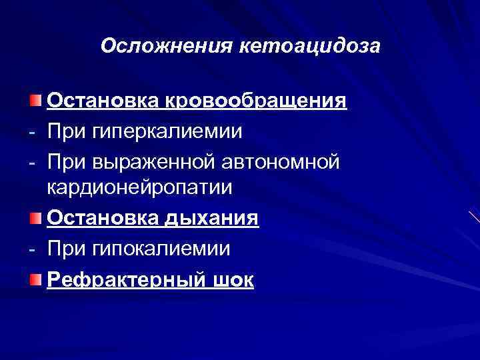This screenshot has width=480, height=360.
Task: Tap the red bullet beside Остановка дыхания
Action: pos(35,218)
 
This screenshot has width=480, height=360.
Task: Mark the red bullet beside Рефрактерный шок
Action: pos(35,277)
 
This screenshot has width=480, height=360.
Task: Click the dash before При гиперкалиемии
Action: pos(32,131)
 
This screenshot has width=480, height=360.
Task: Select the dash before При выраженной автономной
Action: pos(32,161)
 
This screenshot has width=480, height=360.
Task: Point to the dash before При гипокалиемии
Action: pos(32,249)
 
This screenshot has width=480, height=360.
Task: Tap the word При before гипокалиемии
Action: pos(65,248)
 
